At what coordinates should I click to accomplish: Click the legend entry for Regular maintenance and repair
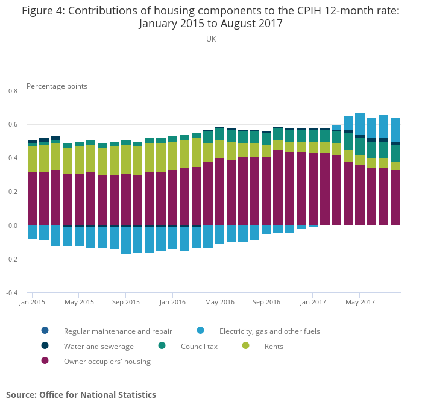(118, 331)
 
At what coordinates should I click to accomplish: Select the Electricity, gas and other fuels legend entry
(269, 331)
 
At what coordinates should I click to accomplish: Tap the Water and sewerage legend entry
(98, 347)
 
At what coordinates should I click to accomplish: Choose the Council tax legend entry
(199, 347)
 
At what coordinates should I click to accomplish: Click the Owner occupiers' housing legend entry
(107, 362)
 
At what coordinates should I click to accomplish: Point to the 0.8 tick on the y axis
(13, 91)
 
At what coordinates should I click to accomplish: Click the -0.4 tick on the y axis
(11, 293)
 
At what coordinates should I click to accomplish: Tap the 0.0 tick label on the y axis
(13, 226)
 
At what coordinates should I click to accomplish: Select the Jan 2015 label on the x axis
(33, 302)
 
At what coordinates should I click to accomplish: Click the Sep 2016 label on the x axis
(266, 302)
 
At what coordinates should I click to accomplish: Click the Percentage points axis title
(57, 86)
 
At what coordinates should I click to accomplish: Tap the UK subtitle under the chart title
(211, 39)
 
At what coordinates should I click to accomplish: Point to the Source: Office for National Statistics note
(81, 395)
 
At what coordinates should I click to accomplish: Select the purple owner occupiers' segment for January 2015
(33, 199)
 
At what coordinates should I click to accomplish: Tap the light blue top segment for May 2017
(360, 124)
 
